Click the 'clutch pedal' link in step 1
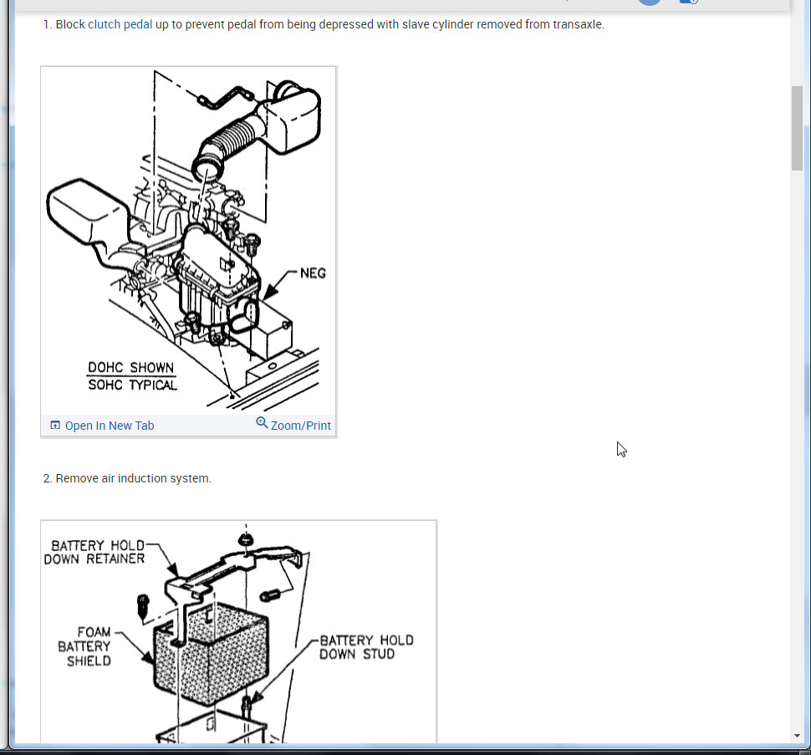tap(120, 24)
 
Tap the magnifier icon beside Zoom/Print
tap(263, 423)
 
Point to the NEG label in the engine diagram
tap(313, 273)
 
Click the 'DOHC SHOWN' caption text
tap(131, 367)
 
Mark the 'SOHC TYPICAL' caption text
tap(132, 385)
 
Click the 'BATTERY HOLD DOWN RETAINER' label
tap(94, 553)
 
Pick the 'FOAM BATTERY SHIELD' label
tap(84, 646)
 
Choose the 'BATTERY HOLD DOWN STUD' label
tap(367, 647)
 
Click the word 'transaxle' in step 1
tap(578, 24)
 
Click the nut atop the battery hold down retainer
tap(245, 540)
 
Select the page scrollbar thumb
tap(797, 128)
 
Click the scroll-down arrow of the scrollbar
tap(797, 736)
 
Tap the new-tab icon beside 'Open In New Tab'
tap(55, 425)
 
